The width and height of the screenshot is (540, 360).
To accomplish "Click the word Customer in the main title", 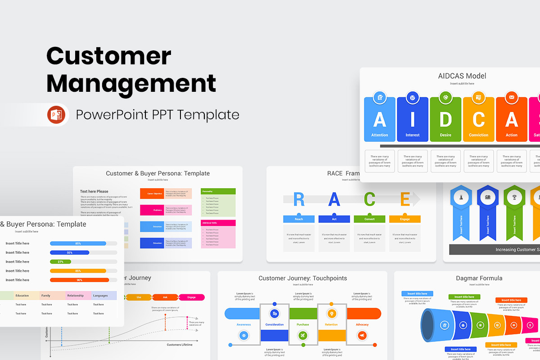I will pos(109,56).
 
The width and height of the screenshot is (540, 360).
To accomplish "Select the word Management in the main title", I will pos(131,84).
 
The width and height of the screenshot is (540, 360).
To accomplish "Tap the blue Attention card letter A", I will pos(379,120).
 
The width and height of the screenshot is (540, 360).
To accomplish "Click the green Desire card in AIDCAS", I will pos(445,120).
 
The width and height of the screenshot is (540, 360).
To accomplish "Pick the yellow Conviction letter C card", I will pos(478,120).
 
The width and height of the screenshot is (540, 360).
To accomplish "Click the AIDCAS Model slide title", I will pos(462,76).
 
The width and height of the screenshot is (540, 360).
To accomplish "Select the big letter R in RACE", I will pos(299,199).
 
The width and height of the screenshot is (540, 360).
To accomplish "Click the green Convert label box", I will pos(369,219).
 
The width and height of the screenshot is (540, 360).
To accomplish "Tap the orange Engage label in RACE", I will pos(405,219).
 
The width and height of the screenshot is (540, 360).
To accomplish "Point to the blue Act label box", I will pos(334,219).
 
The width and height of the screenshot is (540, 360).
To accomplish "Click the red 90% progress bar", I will pos(80,280).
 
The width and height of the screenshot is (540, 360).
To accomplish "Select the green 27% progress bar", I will pos(61,261).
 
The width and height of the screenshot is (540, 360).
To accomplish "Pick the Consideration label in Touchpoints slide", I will pos(274,324).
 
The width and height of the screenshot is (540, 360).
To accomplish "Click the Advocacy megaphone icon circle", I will pos(362,335).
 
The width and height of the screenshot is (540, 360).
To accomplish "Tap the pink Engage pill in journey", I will pos(192,297).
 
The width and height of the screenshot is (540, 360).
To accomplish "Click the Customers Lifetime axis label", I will pos(180,345).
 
